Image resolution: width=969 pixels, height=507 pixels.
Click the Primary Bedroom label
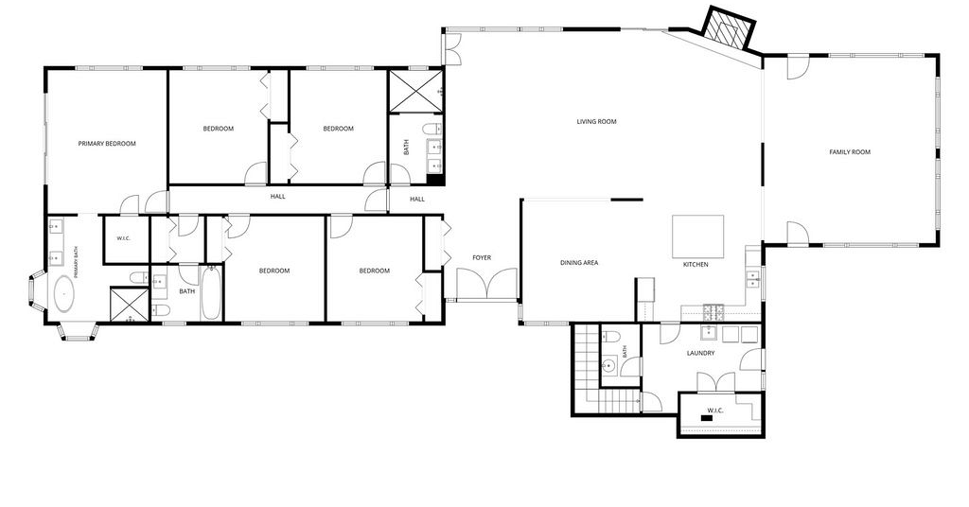point(107,144)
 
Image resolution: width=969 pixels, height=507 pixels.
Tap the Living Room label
point(596,122)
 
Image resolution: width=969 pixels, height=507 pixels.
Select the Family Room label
point(850,152)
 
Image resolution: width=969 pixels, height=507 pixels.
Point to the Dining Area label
point(579,263)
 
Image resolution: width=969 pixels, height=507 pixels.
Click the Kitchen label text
point(696,264)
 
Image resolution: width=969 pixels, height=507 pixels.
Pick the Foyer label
point(482,257)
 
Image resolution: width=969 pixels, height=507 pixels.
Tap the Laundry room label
point(701,353)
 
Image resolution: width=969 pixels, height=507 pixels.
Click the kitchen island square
point(697,236)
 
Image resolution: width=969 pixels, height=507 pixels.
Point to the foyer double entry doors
point(487,284)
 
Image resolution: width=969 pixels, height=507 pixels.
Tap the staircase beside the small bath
point(587,369)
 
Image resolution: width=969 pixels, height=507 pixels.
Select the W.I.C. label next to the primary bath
point(124,238)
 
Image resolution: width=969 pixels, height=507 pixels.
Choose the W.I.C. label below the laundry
point(715,411)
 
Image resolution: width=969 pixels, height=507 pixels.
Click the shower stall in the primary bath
point(130,305)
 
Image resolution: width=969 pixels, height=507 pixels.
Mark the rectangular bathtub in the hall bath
point(209,292)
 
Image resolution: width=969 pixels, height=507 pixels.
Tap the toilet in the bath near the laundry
point(610,338)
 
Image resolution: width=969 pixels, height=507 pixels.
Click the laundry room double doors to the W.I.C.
point(716,382)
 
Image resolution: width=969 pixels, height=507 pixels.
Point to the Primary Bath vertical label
point(76,261)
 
